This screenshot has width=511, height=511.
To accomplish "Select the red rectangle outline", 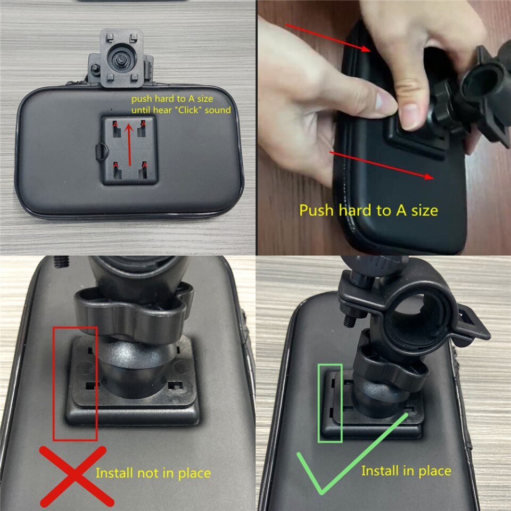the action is point(54,383).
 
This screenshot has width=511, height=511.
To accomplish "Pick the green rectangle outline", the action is point(318,403).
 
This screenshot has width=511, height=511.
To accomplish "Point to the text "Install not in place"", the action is point(153,473).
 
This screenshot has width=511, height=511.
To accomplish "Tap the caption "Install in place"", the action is point(406,471).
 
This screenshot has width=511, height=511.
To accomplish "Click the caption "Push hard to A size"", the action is point(368,211).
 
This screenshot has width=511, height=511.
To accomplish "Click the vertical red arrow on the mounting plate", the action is point(129,144).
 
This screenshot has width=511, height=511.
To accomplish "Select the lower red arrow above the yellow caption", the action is point(382,165).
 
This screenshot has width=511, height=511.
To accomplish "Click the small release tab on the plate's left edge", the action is point(101,152).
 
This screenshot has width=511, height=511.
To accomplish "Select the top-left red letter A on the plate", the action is point(115,125).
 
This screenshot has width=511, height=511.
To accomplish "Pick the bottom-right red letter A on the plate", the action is point(145,166).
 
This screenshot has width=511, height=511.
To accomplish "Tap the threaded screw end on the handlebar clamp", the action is point(350,320).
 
